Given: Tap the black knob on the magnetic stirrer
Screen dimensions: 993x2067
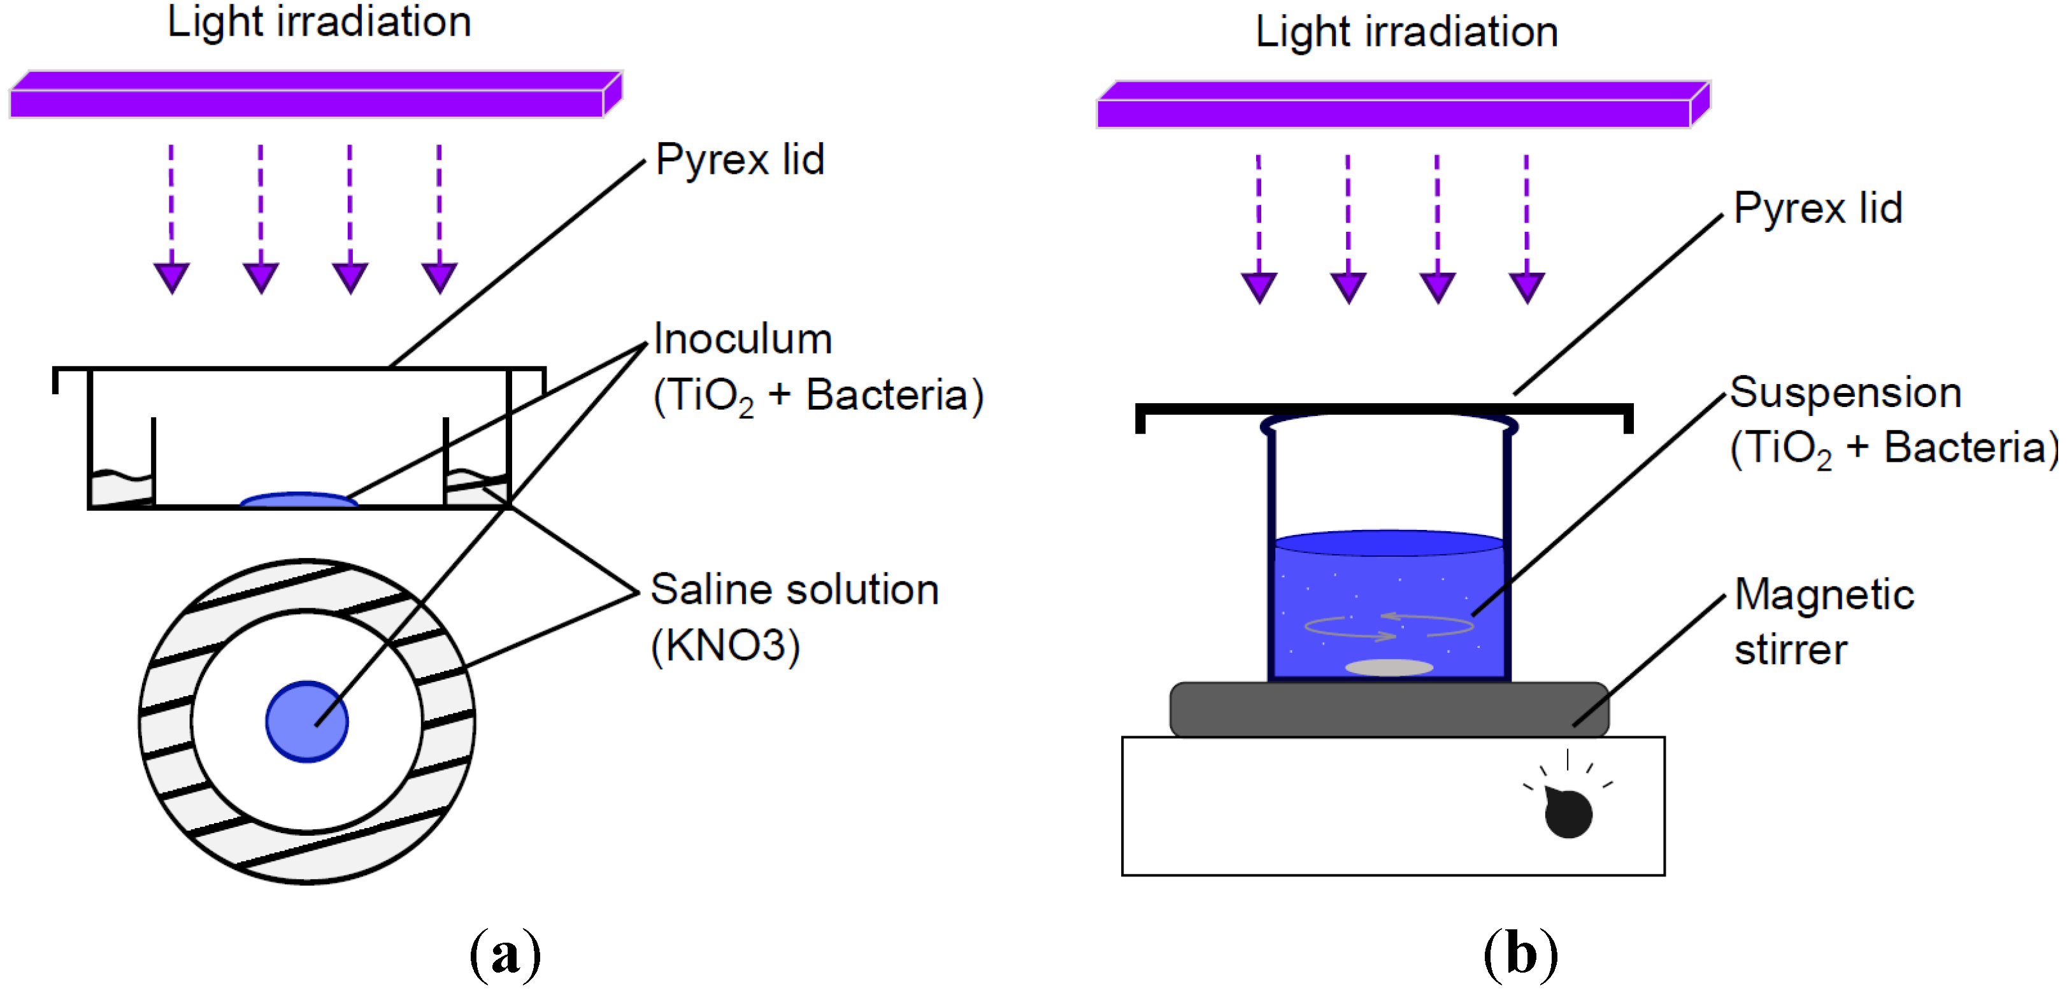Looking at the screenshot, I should point(1568,813).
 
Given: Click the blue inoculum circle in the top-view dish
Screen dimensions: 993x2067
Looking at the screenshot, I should point(306,721).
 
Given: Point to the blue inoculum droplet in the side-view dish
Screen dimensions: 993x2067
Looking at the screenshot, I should point(299,501).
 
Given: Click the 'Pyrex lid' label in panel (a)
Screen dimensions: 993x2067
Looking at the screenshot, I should point(740,160).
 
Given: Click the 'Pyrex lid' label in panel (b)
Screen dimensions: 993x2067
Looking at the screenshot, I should point(1817,208).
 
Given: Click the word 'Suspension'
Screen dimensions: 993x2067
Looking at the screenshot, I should point(1845,392).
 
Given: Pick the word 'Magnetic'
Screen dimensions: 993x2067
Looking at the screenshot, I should point(1824,594).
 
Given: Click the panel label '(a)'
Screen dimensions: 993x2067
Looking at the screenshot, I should point(506,955).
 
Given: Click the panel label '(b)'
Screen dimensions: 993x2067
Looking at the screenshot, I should point(1520,955).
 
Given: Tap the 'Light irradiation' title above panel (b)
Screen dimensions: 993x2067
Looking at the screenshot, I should point(1406,32).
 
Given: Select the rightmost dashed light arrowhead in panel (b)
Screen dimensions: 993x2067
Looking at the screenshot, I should point(1526,287).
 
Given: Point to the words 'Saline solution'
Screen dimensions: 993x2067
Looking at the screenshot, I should point(794,590).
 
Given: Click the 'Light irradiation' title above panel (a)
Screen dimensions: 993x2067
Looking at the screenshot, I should point(319,22).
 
